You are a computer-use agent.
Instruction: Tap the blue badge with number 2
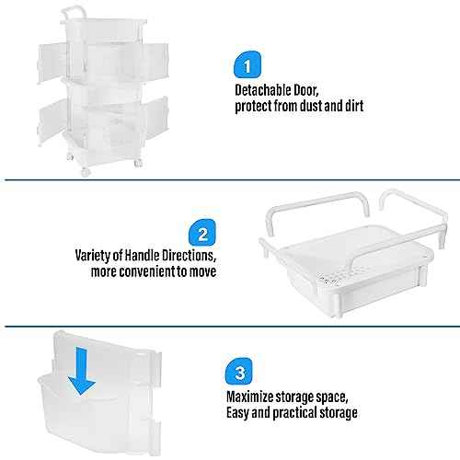[203, 230]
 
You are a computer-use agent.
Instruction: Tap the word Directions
[193, 257]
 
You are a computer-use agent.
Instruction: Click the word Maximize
[252, 397]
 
